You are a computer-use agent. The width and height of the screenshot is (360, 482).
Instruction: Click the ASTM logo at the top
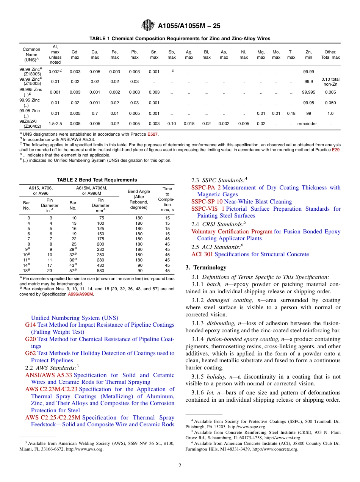coord(148,25)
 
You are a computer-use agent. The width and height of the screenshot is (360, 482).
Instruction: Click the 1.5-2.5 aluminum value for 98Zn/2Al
coord(55,124)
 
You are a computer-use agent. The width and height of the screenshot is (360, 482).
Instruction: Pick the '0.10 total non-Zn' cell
coord(330,81)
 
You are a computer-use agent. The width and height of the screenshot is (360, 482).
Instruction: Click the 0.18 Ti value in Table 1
coord(291,113)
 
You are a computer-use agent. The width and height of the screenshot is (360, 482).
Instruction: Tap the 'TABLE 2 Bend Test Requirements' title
coord(97,180)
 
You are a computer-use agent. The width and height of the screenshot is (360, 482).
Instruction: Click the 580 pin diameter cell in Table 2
coord(100,271)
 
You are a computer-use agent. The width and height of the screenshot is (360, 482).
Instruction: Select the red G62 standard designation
coord(30,353)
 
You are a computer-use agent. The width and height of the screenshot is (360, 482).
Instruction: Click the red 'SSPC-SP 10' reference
coord(207,202)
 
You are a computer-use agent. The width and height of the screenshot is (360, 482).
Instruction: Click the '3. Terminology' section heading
coord(206,268)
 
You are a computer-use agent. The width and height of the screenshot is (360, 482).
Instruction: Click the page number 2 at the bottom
coord(180,465)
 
